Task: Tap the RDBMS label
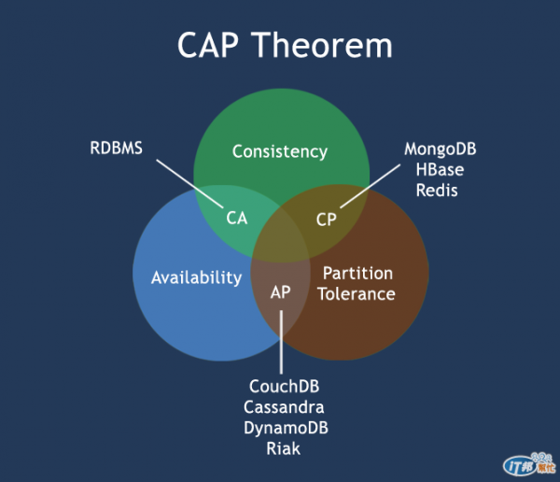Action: [x=117, y=148]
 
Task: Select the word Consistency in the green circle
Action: [x=280, y=150]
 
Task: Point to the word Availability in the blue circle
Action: [x=196, y=277]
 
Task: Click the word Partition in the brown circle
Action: [x=357, y=273]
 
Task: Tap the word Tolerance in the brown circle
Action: [x=357, y=293]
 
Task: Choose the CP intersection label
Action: [x=326, y=219]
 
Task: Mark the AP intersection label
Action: [x=281, y=291]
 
